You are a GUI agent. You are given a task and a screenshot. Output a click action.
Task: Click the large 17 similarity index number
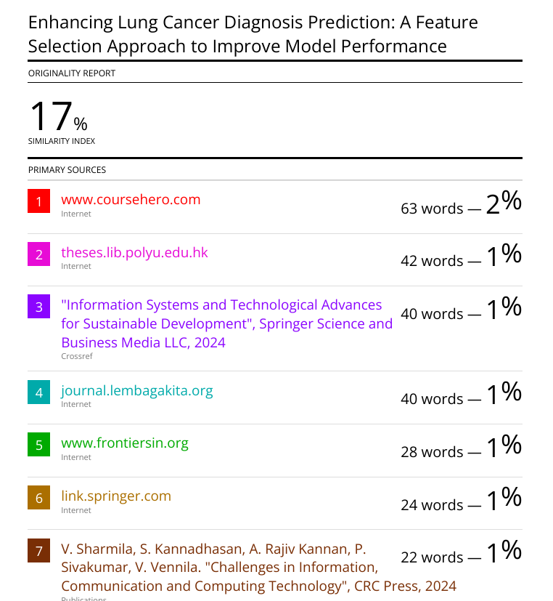pyautogui.click(x=51, y=116)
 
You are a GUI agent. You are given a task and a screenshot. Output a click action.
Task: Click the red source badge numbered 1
pyautogui.click(x=38, y=201)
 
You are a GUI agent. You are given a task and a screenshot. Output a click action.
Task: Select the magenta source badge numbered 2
pyautogui.click(x=38, y=254)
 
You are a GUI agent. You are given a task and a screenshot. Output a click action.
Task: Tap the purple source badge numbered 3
pyautogui.click(x=38, y=307)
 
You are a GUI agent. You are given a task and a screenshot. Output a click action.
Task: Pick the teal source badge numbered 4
pyautogui.click(x=38, y=392)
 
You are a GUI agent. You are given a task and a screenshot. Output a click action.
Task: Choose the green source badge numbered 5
pyautogui.click(x=38, y=445)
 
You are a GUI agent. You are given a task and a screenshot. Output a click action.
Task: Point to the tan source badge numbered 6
pyautogui.click(x=38, y=498)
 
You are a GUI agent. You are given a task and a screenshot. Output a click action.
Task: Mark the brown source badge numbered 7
pyautogui.click(x=38, y=551)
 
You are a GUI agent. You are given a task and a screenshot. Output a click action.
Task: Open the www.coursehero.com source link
pyautogui.click(x=131, y=199)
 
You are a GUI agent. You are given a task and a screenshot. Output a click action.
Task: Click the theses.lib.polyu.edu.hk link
pyautogui.click(x=134, y=252)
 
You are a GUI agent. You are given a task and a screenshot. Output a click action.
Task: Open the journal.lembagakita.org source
pyautogui.click(x=136, y=390)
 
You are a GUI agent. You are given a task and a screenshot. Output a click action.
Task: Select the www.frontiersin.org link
pyautogui.click(x=124, y=443)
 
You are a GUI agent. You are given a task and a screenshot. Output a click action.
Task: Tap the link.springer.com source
pyautogui.click(x=116, y=496)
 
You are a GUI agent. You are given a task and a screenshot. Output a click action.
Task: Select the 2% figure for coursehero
pyautogui.click(x=504, y=202)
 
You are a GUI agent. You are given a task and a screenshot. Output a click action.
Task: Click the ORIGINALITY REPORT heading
pyautogui.click(x=72, y=73)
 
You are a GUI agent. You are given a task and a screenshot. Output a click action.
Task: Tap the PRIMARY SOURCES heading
pyautogui.click(x=67, y=170)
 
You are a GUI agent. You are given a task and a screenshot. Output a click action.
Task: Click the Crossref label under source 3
pyautogui.click(x=77, y=356)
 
